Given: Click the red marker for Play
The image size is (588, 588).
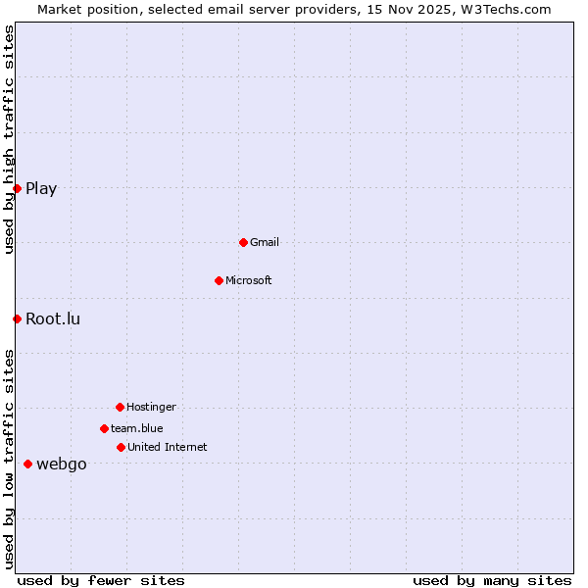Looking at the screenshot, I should (x=17, y=188).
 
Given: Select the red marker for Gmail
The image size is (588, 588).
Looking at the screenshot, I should (x=243, y=242).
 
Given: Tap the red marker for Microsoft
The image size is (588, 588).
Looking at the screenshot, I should (x=219, y=280).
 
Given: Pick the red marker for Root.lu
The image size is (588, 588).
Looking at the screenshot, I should (x=17, y=318).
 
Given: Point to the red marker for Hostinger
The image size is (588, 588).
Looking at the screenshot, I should (x=120, y=407).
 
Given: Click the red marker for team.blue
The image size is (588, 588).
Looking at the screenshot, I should (x=104, y=428).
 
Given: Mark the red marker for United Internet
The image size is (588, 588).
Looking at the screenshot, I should (x=121, y=447).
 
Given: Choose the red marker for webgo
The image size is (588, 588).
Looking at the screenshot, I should (x=27, y=464).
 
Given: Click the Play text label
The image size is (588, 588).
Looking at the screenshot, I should (x=41, y=189).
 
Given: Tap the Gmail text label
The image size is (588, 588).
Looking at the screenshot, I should (x=265, y=242).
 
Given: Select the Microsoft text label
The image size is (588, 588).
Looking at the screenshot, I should (x=249, y=280).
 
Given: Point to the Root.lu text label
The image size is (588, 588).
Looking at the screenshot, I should (x=53, y=318).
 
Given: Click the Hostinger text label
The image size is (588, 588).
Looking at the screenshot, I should (x=151, y=407).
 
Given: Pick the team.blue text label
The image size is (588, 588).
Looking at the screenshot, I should (x=137, y=428).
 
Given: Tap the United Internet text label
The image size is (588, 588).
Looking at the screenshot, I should (x=167, y=447).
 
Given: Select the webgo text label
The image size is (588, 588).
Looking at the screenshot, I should (x=62, y=465).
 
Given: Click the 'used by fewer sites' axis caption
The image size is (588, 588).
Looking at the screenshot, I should (x=101, y=580).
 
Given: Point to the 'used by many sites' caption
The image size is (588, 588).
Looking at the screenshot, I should (x=492, y=580).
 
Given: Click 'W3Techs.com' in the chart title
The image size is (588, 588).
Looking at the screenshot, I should (x=507, y=9).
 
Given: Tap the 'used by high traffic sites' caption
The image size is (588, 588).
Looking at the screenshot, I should (x=9, y=140).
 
